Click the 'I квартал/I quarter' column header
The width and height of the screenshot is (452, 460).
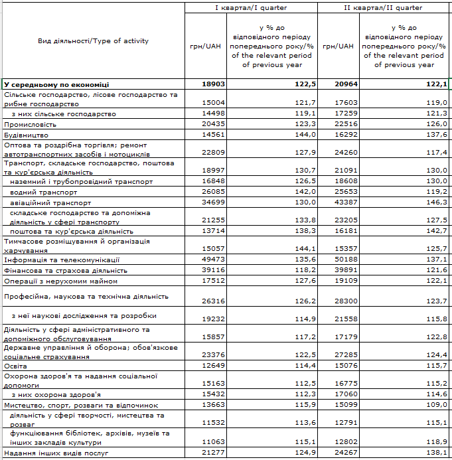[x=250, y=8]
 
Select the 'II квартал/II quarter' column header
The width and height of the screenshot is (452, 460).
[x=384, y=8]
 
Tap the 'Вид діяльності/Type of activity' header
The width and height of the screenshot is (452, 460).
[x=94, y=41]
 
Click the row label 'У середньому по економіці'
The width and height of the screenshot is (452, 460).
[x=57, y=85]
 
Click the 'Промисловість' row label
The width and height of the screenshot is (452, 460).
[x=29, y=124]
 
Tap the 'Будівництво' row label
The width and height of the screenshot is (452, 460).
[x=26, y=134]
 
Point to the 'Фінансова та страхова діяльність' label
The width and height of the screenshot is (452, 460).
[x=66, y=270]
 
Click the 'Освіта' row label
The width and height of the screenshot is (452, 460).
[x=16, y=365]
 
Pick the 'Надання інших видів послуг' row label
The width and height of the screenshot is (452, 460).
[x=56, y=453]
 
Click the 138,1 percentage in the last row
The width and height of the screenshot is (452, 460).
[x=437, y=453]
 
